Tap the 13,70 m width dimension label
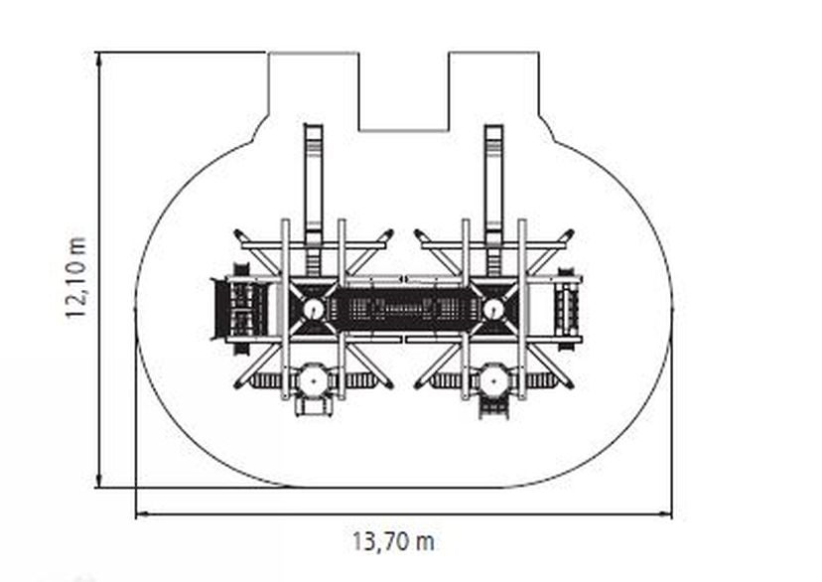click(x=393, y=541)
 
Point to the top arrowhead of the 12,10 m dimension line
click(x=99, y=59)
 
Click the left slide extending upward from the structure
click(x=314, y=184)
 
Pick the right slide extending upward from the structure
click(x=493, y=184)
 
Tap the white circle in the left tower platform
click(x=314, y=309)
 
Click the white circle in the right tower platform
click(x=493, y=309)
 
